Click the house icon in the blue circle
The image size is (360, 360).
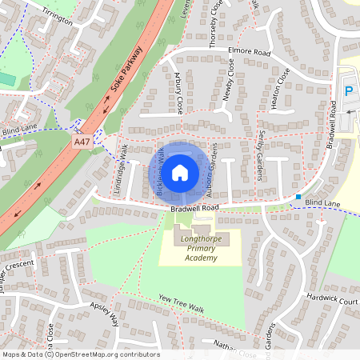pos(180,172)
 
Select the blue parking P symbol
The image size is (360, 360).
pos(348,91)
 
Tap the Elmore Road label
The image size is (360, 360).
pos(248,53)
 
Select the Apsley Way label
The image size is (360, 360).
pos(104,314)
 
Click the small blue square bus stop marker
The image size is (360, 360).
pos(298,197)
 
